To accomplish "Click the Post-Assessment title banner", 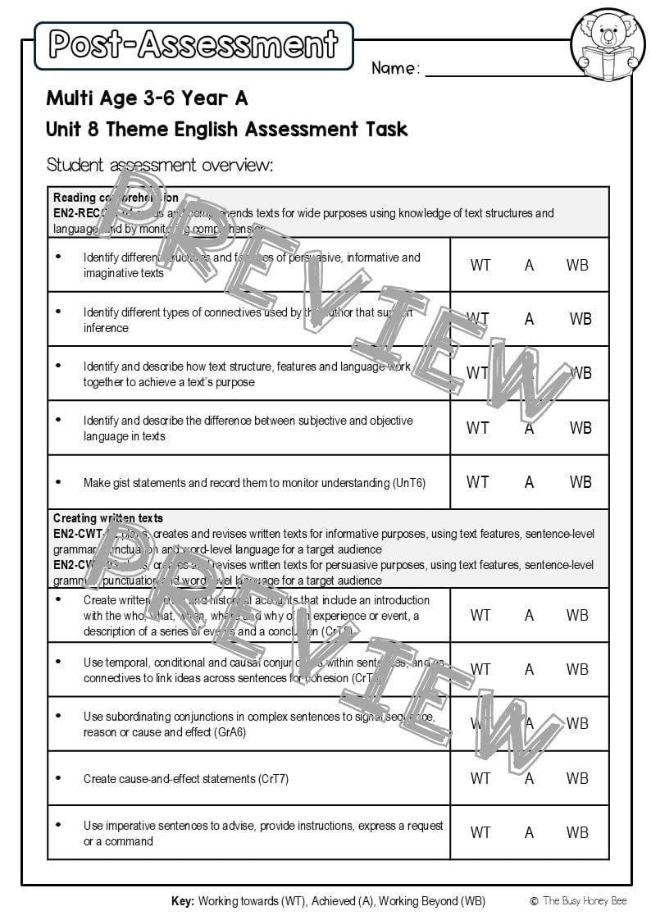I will coord(193,45).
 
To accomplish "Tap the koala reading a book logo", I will coord(608,45).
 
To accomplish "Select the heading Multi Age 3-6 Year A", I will coord(147,98).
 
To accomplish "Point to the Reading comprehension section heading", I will coord(116,198).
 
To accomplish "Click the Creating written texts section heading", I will coord(108,518).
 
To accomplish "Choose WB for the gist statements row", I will coord(580,482).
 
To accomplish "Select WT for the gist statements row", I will coord(478,482).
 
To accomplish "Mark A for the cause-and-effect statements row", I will coord(529,778).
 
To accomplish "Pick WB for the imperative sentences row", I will coord(577,832).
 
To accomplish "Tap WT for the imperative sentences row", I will coord(480,832).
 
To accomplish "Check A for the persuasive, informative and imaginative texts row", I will coord(529,265).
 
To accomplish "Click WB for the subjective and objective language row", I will coord(580,428).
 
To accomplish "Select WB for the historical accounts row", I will coord(577,615).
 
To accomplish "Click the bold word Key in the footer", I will coord(182,901).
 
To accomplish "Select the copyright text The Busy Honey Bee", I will coord(583,901).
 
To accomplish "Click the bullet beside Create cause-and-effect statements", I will coord(58,778).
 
